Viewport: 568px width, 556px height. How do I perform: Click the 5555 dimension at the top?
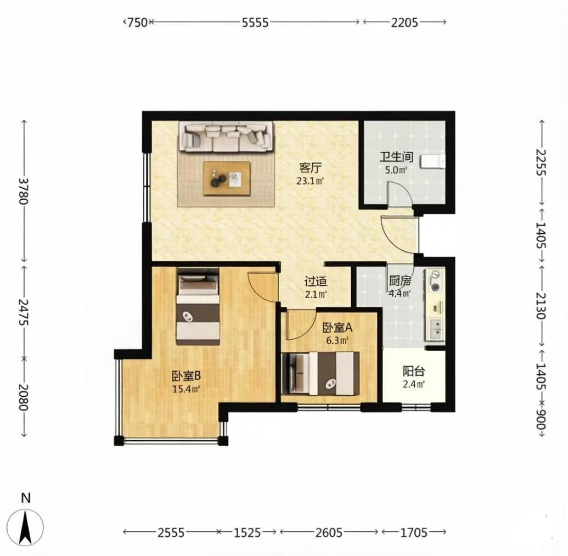[255, 23]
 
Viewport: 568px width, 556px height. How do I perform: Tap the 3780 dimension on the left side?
[23, 191]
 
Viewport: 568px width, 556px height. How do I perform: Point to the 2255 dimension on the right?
[541, 162]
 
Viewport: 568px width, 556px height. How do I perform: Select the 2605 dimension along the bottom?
[329, 532]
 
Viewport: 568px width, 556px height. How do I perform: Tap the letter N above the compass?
[26, 498]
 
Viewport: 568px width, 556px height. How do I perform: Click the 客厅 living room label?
[311, 168]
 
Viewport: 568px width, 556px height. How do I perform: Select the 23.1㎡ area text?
[310, 181]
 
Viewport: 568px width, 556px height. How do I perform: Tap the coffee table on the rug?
[227, 178]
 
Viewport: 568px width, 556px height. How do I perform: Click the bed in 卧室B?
[198, 306]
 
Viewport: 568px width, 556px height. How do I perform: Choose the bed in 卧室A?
[320, 373]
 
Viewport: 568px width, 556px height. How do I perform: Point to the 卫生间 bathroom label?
[396, 157]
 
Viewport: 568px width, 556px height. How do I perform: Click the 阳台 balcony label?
[414, 371]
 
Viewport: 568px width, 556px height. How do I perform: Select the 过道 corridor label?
[316, 282]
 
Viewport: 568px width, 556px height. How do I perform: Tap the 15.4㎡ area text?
[186, 389]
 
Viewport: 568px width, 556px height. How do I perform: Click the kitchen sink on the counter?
[435, 328]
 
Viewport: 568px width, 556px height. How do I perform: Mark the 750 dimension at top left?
[138, 23]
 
